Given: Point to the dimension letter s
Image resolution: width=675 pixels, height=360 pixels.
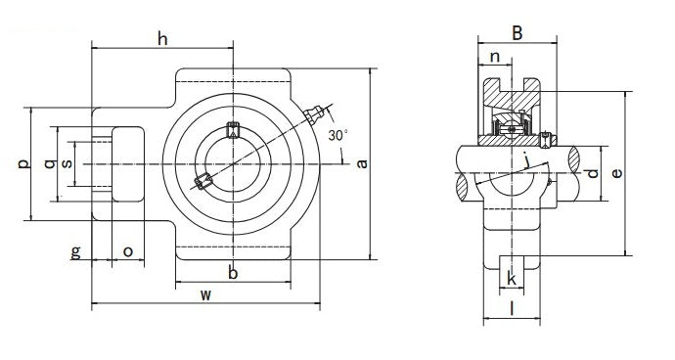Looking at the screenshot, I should tap(67, 163).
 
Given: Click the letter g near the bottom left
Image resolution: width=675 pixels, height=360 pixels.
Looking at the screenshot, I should tap(75, 252).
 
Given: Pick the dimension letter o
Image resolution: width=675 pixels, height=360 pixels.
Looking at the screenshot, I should tap(127, 252).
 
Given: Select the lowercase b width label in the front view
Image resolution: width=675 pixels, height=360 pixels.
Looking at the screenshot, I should tap(233, 273).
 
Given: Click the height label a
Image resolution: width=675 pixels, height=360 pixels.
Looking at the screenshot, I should tap(363, 163).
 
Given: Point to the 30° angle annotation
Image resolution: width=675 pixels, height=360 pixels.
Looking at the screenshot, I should tap(337, 134).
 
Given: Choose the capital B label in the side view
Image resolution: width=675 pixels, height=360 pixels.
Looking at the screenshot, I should tap(517, 33).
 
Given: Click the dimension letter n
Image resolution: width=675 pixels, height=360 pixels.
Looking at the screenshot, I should tap(496, 58).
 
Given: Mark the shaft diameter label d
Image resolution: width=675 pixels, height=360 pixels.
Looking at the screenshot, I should tap(591, 174).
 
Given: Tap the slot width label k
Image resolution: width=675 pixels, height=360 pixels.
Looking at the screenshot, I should tap(513, 280).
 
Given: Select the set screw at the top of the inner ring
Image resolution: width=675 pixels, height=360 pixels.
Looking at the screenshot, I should tap(233, 129).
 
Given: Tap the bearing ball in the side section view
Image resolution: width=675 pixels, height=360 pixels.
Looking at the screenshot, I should tap(512, 127).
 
